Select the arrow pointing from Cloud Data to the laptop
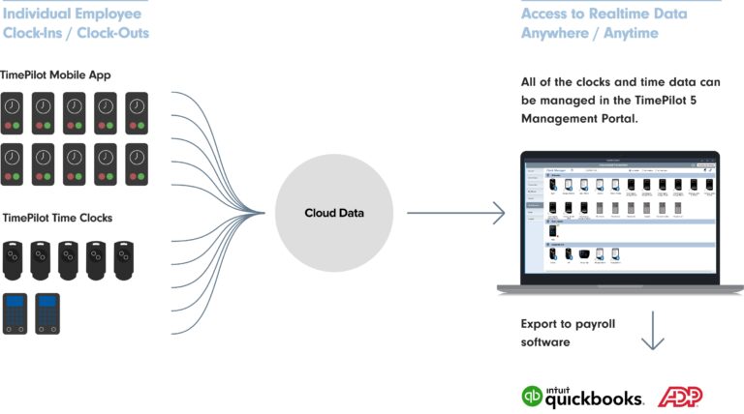(x=455, y=213)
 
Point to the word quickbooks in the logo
(x=593, y=399)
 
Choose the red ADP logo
(x=680, y=396)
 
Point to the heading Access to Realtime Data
(x=604, y=14)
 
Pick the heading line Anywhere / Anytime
(x=589, y=33)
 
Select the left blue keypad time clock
(x=16, y=313)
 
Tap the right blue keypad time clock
(x=47, y=313)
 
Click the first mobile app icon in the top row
(x=14, y=112)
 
